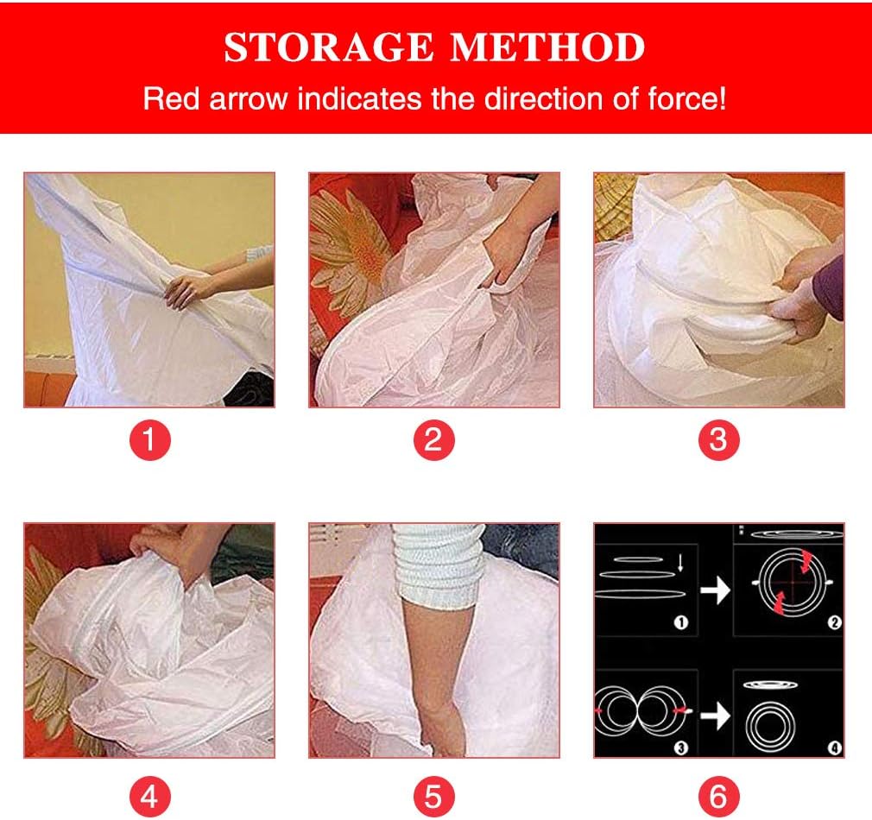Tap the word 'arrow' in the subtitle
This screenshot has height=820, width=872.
click(246, 98)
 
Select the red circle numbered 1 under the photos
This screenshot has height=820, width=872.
click(149, 441)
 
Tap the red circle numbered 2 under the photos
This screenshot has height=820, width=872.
click(433, 441)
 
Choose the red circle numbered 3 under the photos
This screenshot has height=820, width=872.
click(718, 441)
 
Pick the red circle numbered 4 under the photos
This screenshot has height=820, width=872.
click(149, 795)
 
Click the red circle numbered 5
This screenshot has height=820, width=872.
click(433, 795)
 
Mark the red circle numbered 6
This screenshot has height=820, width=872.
click(718, 795)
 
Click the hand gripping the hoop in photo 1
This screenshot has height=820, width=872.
click(186, 289)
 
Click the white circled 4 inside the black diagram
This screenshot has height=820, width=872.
click(834, 747)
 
